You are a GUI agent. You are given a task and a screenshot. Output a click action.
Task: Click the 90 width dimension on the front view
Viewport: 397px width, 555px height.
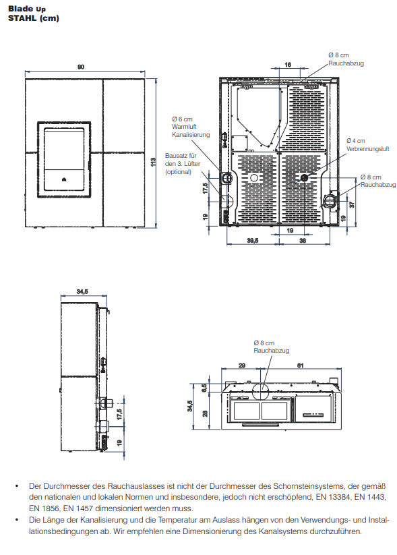(81, 67)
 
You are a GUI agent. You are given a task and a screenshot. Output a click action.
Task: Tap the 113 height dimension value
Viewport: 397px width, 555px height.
(154, 162)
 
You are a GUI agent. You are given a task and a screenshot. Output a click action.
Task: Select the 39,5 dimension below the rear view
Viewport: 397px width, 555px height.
(253, 241)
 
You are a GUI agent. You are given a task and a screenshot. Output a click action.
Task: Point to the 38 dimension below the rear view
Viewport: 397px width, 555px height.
(303, 241)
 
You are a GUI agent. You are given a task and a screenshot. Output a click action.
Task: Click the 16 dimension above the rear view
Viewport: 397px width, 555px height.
(288, 65)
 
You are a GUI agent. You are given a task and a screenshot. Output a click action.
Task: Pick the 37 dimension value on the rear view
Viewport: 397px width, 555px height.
(352, 204)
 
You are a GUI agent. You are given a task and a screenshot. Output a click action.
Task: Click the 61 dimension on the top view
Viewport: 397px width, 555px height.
(301, 366)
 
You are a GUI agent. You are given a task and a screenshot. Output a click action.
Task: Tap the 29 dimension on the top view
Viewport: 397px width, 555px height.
(242, 366)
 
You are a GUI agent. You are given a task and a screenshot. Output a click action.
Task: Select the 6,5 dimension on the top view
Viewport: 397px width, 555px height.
(204, 388)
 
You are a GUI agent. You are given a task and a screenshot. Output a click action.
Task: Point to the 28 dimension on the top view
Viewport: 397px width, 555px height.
(205, 413)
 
